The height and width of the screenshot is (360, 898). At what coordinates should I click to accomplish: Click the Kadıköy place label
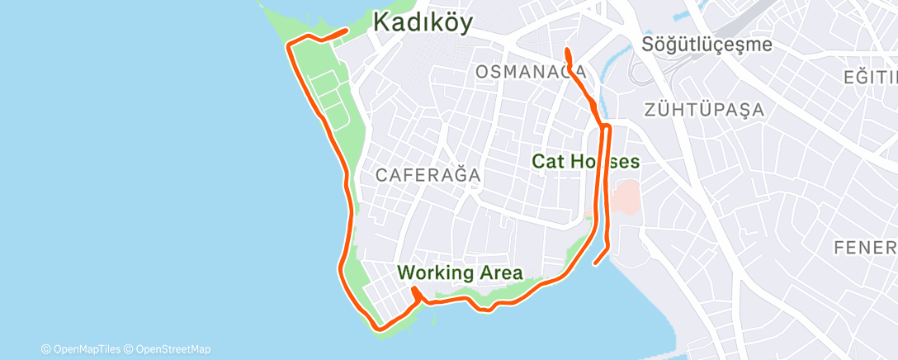pos(423,23)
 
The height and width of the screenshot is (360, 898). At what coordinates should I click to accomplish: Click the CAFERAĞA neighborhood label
pos(428,175)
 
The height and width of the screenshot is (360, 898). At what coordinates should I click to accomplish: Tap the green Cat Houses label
pos(585,161)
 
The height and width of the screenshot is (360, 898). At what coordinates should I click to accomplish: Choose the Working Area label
pos(460,272)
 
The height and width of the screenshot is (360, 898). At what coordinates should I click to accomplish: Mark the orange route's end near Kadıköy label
pos(344,31)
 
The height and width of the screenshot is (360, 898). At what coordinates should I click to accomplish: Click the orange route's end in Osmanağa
pos(567,51)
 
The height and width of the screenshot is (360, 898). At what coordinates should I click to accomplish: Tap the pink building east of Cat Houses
pos(627,195)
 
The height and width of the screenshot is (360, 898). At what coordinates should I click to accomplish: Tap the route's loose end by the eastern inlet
pos(595,263)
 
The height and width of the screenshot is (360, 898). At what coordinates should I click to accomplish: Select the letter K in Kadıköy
pos(382,22)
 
